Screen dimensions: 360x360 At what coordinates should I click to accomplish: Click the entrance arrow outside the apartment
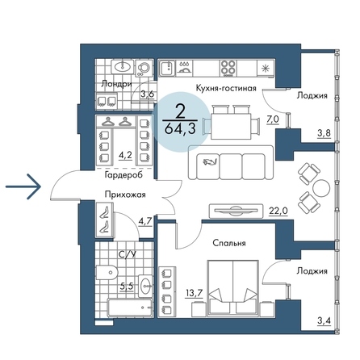coord(23,186)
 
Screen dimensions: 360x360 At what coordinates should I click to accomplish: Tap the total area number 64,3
coord(180,129)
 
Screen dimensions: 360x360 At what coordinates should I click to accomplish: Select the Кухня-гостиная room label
coord(226,88)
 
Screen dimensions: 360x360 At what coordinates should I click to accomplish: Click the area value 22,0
coord(278,211)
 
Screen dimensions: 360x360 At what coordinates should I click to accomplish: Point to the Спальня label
coord(229,243)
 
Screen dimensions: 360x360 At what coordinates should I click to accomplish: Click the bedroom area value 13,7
coord(194,293)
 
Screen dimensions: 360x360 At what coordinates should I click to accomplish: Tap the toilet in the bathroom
coord(107,273)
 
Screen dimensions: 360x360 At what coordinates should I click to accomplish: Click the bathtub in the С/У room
coord(130,308)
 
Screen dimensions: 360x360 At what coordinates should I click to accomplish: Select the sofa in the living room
coord(231,162)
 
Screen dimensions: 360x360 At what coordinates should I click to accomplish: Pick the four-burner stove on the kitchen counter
coord(228,68)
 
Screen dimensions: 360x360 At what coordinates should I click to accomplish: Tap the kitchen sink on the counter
coord(168,69)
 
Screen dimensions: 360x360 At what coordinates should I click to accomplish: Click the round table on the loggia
coord(321,188)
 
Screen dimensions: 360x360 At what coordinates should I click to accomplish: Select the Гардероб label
coord(123,175)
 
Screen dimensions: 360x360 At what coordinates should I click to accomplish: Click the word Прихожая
coord(125,195)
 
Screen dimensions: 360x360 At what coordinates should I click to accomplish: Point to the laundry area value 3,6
coord(148,94)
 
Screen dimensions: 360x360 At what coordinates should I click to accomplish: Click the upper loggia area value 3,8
coord(324,133)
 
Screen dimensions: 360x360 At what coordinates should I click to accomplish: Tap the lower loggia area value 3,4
coord(324,320)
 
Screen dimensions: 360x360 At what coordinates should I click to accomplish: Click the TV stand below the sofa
coord(236,211)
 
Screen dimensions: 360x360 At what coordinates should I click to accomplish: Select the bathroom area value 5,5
coord(127,286)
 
